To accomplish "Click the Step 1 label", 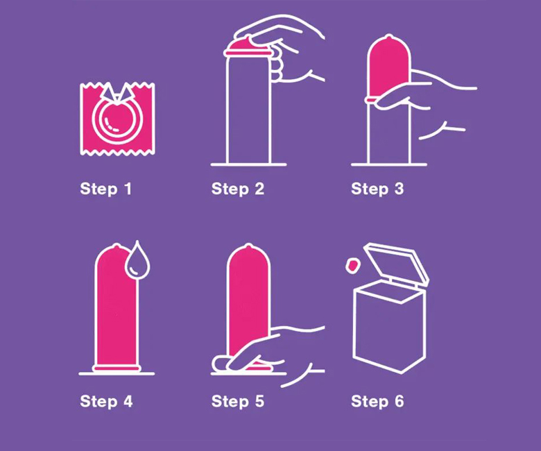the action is pyautogui.click(x=105, y=189).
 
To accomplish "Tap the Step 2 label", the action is pyautogui.click(x=238, y=189).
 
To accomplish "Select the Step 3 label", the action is pyautogui.click(x=377, y=189).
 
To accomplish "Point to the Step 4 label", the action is pyautogui.click(x=106, y=402).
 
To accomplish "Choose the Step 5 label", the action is pyautogui.click(x=238, y=402).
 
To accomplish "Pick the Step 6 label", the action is pyautogui.click(x=377, y=402).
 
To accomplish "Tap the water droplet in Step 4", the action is pyautogui.click(x=137, y=261).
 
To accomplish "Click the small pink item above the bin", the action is pyautogui.click(x=352, y=265).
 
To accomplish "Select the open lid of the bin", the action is pyautogui.click(x=397, y=262).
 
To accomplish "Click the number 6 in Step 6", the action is pyautogui.click(x=400, y=401).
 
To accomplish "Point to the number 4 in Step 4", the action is pyautogui.click(x=128, y=401).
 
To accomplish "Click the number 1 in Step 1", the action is pyautogui.click(x=128, y=189).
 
